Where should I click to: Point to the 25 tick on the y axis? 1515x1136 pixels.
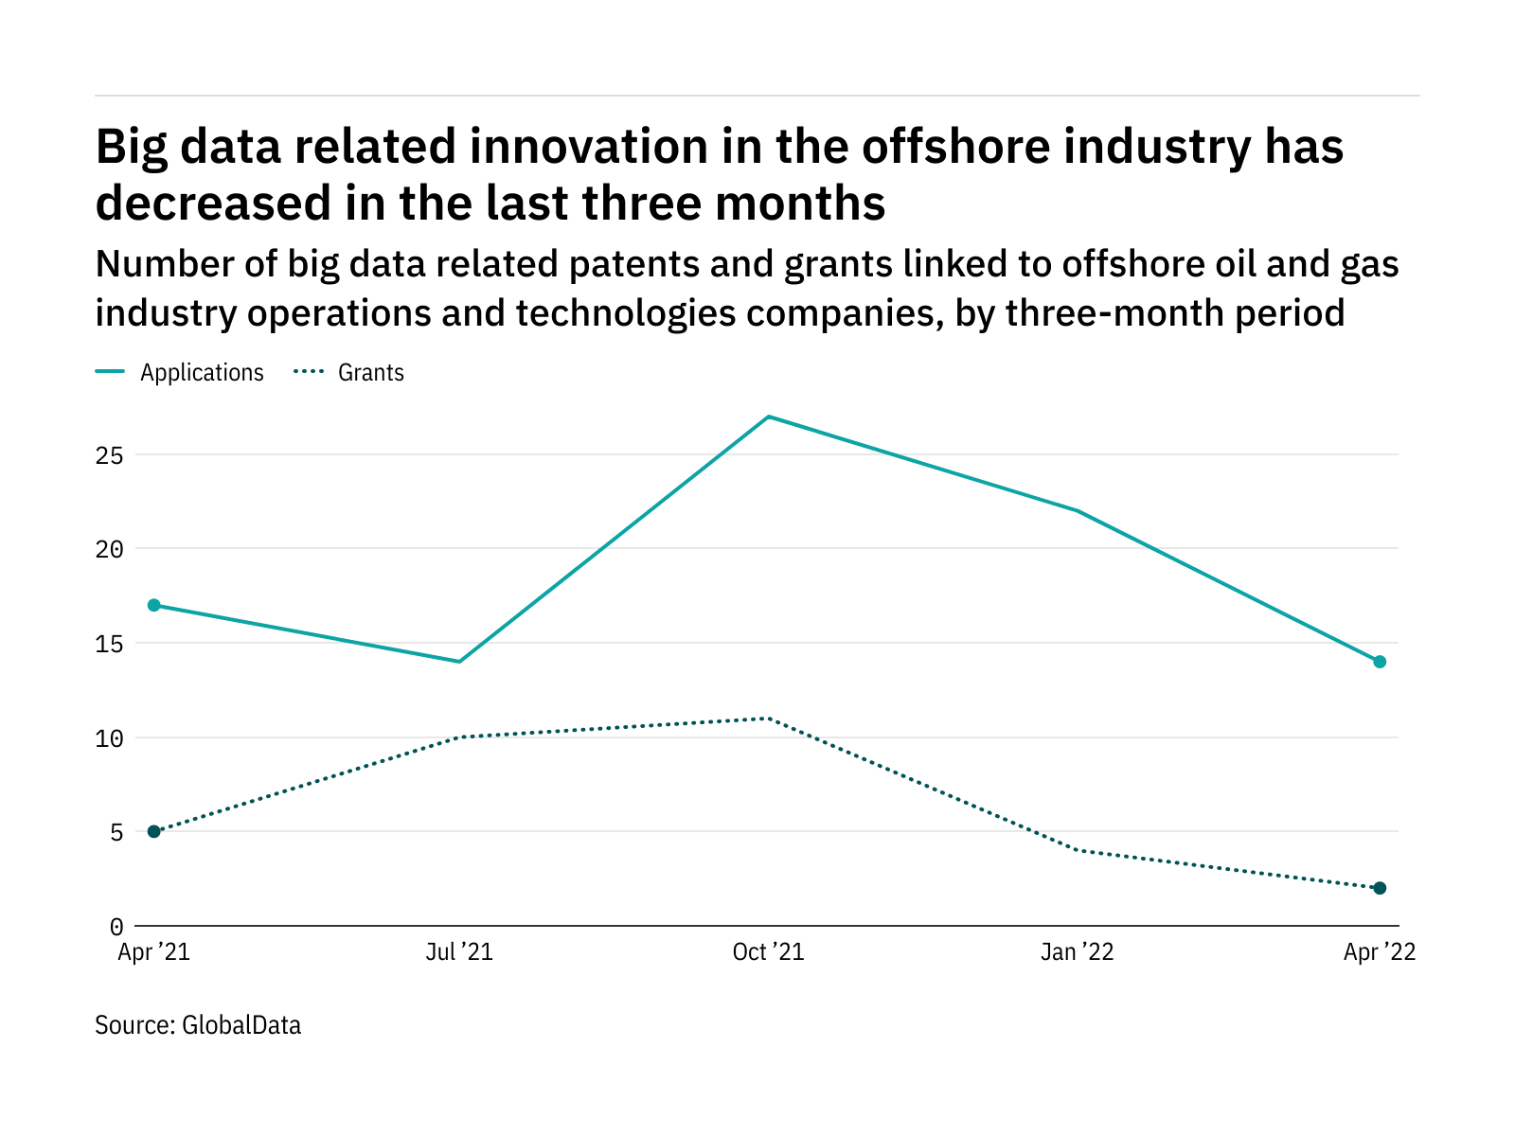click(x=110, y=455)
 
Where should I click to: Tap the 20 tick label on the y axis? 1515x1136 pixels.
click(x=110, y=549)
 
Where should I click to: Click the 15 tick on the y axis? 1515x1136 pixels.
click(x=110, y=644)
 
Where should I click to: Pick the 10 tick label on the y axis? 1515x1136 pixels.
click(x=110, y=738)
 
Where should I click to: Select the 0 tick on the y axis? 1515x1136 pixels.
click(x=116, y=927)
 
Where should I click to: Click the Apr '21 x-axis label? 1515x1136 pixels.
click(x=153, y=952)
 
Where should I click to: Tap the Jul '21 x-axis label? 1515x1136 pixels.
click(x=459, y=952)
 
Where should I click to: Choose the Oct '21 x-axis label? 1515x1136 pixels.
click(x=768, y=952)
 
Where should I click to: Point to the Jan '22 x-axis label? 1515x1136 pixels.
click(x=1077, y=952)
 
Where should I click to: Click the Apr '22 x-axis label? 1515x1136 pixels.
click(x=1380, y=952)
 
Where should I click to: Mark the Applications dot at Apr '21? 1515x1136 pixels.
click(x=153, y=605)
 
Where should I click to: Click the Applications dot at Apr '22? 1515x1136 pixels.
click(x=1380, y=662)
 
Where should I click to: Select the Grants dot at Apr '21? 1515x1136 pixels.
click(x=153, y=831)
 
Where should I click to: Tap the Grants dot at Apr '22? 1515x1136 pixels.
click(x=1380, y=888)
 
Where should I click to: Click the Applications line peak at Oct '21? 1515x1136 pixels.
click(x=768, y=417)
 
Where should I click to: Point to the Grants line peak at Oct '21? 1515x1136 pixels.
click(x=768, y=719)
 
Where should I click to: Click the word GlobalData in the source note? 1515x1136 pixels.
click(x=241, y=1025)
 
